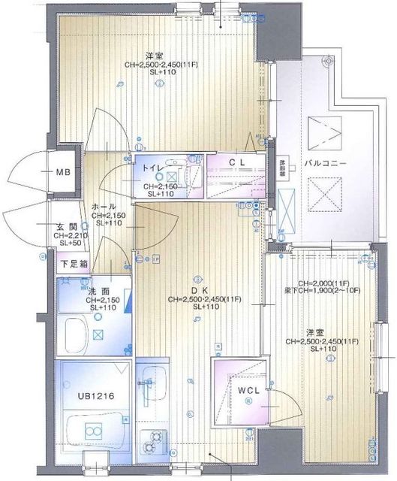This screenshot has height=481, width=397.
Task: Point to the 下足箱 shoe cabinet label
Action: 73,264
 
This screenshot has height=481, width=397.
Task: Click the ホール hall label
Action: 103,206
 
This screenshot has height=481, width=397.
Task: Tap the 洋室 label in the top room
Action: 155,56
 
